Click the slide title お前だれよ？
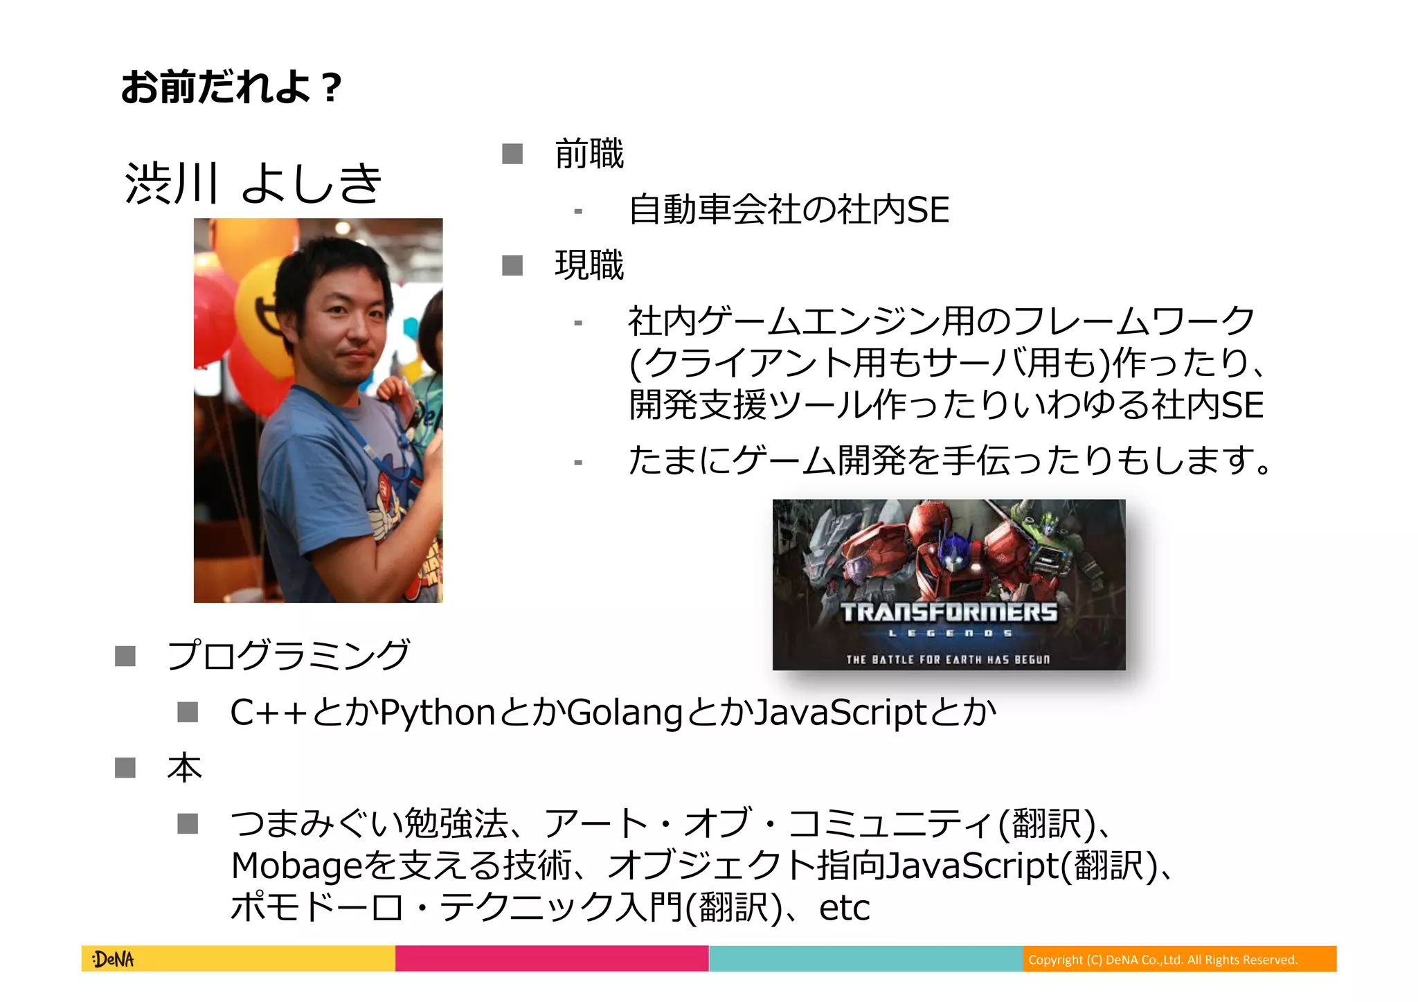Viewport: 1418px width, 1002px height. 231,88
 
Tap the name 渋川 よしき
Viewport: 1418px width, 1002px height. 253,183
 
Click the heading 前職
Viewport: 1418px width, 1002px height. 589,154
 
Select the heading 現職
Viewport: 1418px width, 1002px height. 589,265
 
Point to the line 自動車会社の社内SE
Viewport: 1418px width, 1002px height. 789,210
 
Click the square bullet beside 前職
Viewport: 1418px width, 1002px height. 512,154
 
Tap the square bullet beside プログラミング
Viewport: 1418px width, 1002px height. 125,655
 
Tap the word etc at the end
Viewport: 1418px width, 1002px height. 844,908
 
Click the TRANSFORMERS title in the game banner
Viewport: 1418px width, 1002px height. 949,612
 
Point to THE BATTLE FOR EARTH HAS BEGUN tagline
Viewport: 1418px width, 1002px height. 948,659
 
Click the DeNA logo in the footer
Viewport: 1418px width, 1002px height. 114,959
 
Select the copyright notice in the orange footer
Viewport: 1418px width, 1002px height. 1163,960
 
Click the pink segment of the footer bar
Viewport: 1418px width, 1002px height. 552,959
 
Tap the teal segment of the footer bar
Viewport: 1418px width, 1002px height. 865,959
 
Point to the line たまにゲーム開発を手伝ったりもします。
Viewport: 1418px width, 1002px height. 950,460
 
